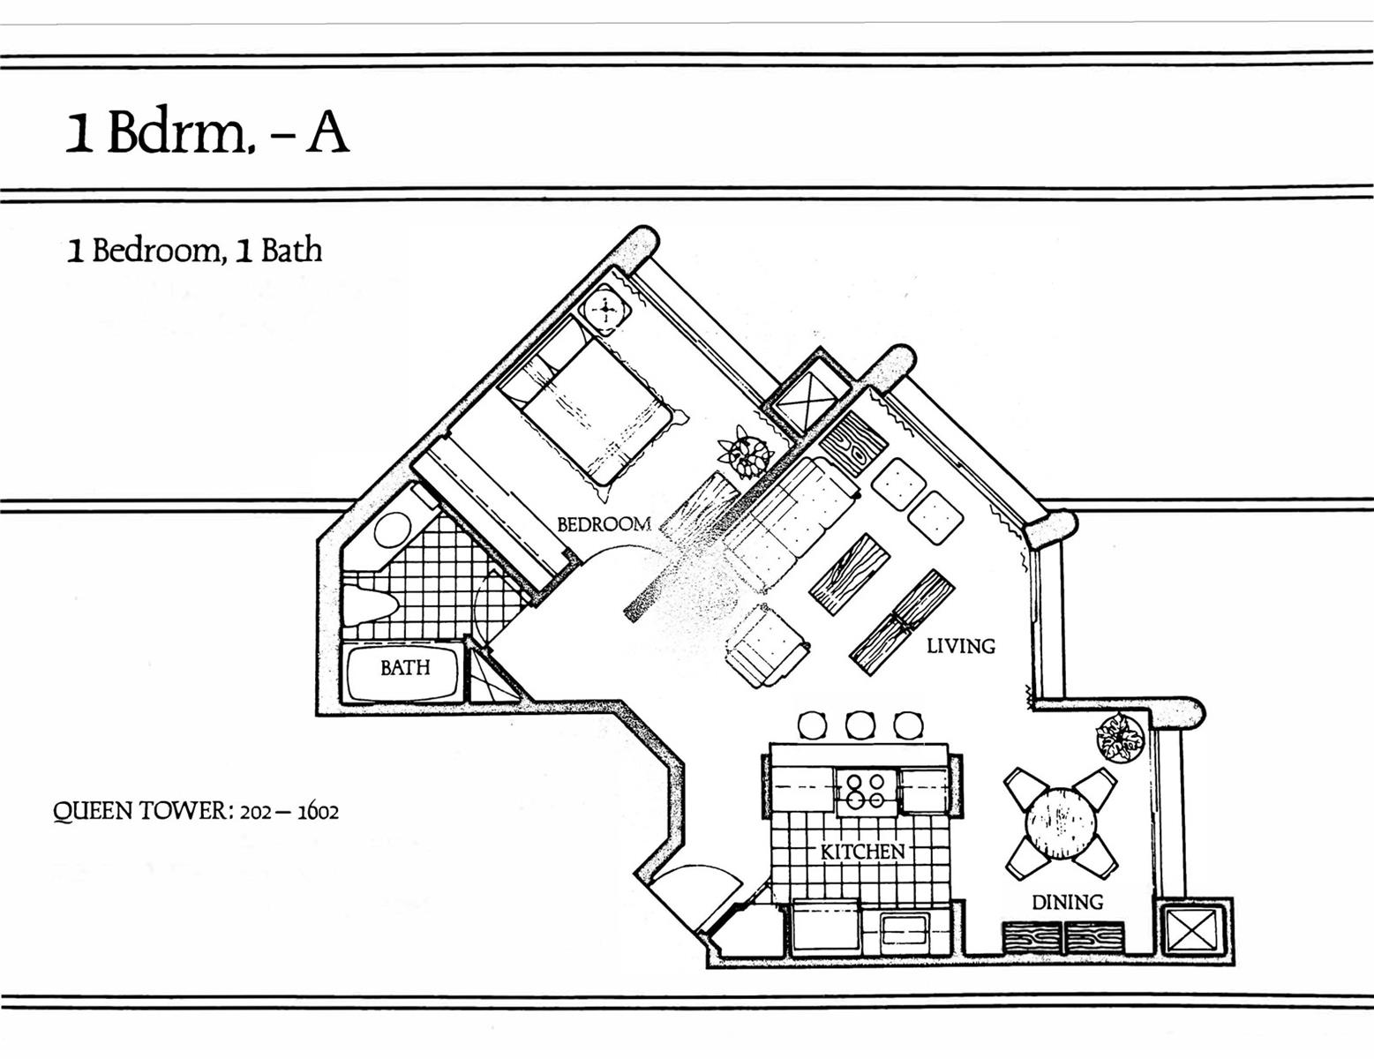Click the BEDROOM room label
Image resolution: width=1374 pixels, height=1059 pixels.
pos(604,524)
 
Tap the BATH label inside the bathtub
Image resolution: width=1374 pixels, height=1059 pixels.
pos(405,668)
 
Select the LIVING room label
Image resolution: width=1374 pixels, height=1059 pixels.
pos(960,646)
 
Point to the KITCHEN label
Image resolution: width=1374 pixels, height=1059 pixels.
pos(862,852)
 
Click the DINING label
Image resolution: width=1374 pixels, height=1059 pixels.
pos(1067,902)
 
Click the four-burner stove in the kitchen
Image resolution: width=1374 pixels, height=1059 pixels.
pos(867,791)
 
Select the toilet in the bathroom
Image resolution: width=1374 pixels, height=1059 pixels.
pos(370,604)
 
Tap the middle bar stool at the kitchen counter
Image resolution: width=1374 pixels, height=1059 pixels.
pos(860,725)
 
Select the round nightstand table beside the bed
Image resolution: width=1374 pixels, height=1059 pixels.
pos(605,310)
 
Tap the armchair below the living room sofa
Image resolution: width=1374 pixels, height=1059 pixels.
pos(766,646)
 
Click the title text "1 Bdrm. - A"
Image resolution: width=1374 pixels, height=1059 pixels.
pos(206,134)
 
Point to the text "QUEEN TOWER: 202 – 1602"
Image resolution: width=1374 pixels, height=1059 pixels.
pos(196,810)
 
